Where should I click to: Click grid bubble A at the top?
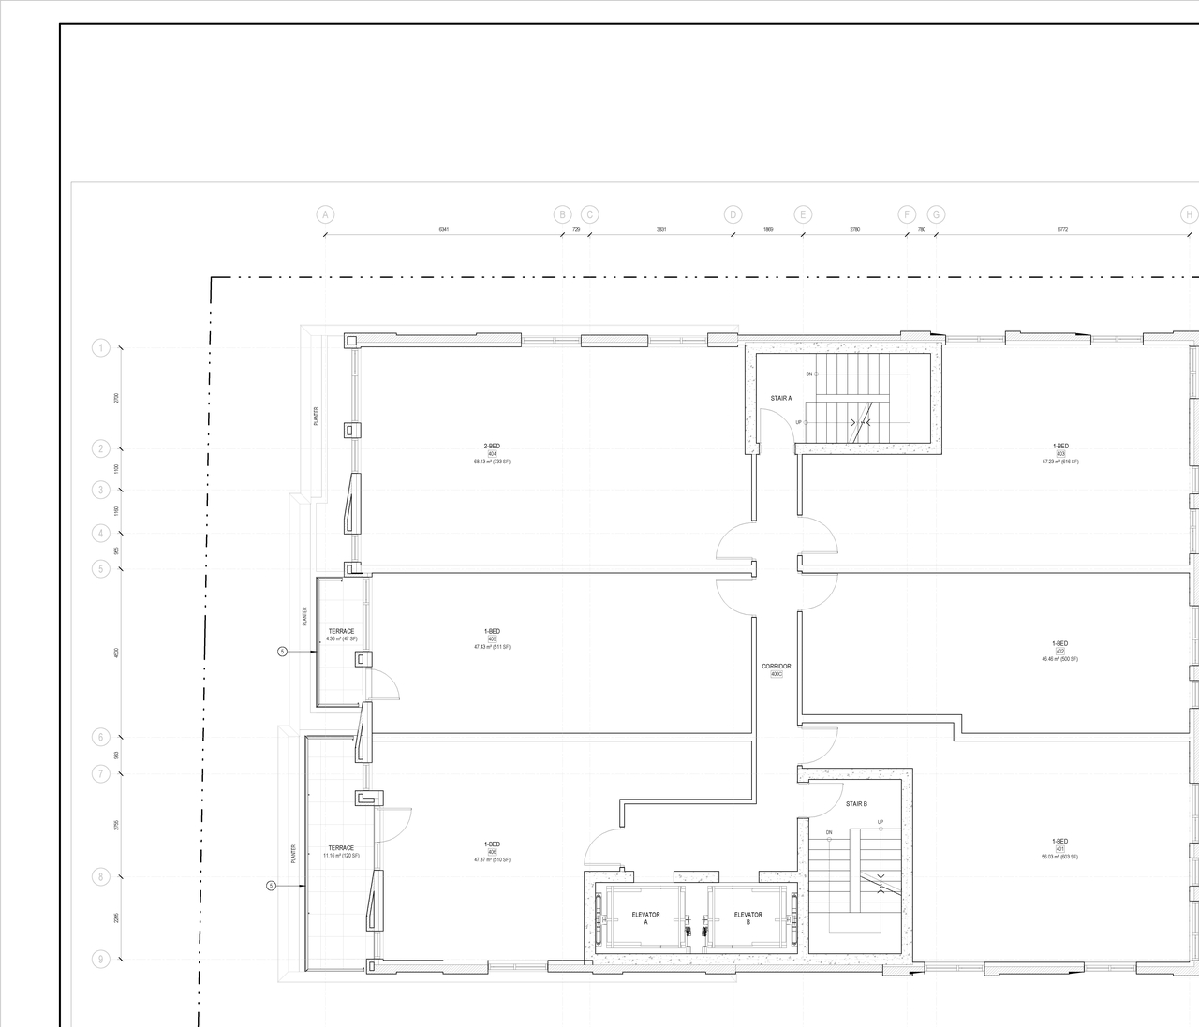(325, 214)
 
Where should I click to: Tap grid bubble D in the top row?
(733, 214)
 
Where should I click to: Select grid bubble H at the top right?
(1189, 214)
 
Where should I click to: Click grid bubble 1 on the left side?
(101, 348)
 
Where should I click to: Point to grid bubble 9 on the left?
(101, 959)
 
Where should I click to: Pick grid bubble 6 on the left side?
(101, 738)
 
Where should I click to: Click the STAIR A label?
(781, 398)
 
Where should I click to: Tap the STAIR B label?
(856, 804)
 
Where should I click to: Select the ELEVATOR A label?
(645, 918)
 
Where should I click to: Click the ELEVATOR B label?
(748, 918)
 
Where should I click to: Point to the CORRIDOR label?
(776, 667)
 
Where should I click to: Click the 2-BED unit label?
(492, 446)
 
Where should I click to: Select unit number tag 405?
(492, 639)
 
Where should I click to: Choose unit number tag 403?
(1060, 454)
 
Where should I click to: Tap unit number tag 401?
(1060, 849)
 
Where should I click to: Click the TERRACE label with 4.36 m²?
(341, 631)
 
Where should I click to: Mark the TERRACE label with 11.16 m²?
(341, 848)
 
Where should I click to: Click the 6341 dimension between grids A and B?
(444, 229)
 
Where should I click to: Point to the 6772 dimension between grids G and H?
(1062, 229)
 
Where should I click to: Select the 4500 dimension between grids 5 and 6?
(116, 653)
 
